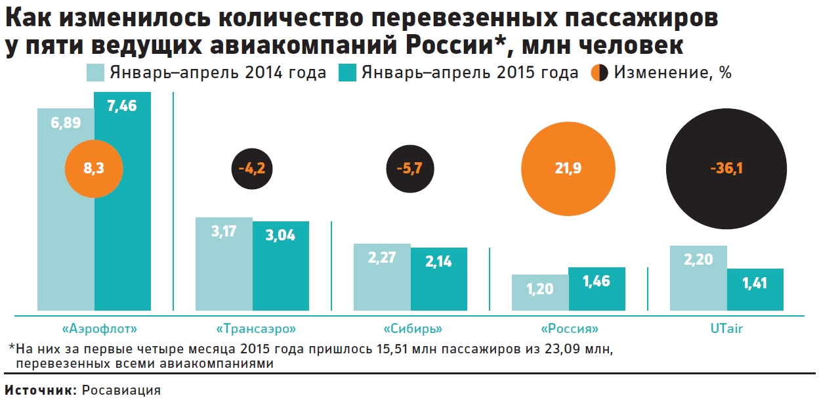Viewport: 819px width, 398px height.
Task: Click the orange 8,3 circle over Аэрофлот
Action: coord(94,169)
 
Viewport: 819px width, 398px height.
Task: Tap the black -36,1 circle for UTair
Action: coord(726,169)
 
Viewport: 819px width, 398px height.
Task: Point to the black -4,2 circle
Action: coord(251,169)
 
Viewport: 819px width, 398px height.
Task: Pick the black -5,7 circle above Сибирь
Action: coord(409,169)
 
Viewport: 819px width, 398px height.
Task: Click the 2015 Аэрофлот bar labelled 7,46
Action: coord(122,217)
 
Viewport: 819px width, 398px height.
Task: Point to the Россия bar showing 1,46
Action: coord(596,292)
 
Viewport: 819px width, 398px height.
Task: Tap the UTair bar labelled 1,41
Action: coord(755,292)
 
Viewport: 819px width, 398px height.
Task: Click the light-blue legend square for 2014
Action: coord(95,72)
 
